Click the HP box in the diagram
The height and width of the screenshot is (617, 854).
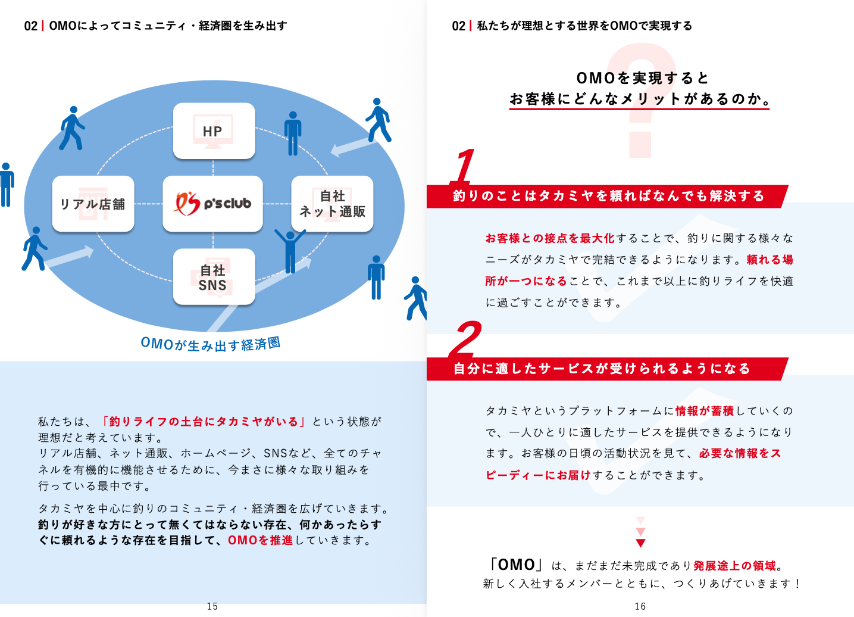point(214,131)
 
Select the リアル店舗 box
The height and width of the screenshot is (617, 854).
point(93,204)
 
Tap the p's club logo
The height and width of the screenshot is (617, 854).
point(212,204)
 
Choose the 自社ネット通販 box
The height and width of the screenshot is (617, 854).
point(332,204)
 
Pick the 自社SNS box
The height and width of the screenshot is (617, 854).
point(214,277)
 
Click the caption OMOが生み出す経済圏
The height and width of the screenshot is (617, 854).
point(210,344)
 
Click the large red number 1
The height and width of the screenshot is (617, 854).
point(464,166)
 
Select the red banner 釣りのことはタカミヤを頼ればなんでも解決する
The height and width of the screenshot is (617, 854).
point(607,196)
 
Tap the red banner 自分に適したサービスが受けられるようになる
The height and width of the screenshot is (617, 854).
point(602,369)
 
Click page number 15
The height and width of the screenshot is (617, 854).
point(212,606)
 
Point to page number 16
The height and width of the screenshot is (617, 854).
point(640,606)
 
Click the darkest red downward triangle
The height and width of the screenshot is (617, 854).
point(640,543)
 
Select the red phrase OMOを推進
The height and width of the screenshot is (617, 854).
point(260,540)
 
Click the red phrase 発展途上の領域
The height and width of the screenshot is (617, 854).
point(734,565)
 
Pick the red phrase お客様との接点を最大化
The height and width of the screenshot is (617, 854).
point(550,238)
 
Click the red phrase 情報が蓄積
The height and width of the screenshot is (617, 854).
point(705,411)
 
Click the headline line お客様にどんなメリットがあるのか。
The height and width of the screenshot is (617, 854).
point(640,99)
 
